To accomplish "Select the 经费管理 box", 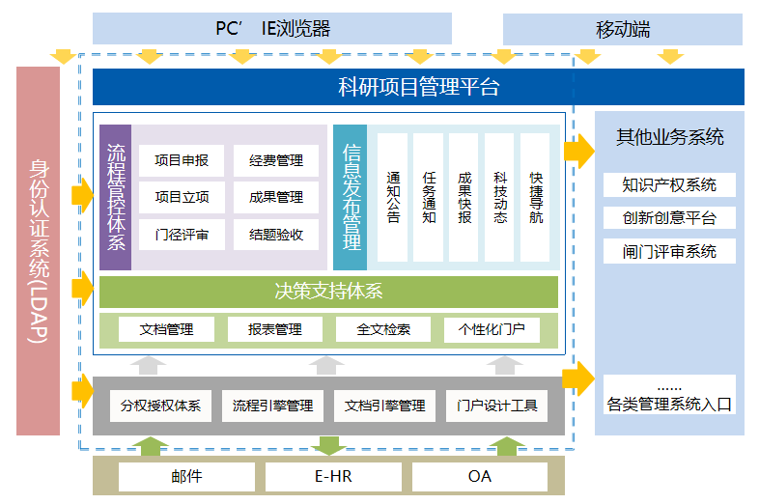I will coord(276,160).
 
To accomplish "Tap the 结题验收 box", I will coord(276,234).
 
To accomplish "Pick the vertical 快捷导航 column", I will coord(536,197).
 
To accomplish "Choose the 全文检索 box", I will coord(383,329).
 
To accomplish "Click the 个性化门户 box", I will coord(492,329).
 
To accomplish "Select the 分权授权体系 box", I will coord(160,406).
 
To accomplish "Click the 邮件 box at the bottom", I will coord(187,477).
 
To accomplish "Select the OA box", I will coord(480,477).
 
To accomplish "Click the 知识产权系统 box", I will coord(669,184).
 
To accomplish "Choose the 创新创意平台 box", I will coord(669,218).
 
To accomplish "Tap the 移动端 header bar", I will coord(623,29).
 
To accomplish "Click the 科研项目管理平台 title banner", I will coord(418,88).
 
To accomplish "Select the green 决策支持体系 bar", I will coord(328,291).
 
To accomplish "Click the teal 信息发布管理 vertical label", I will coord(351,197).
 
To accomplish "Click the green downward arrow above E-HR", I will coord(330,445).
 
